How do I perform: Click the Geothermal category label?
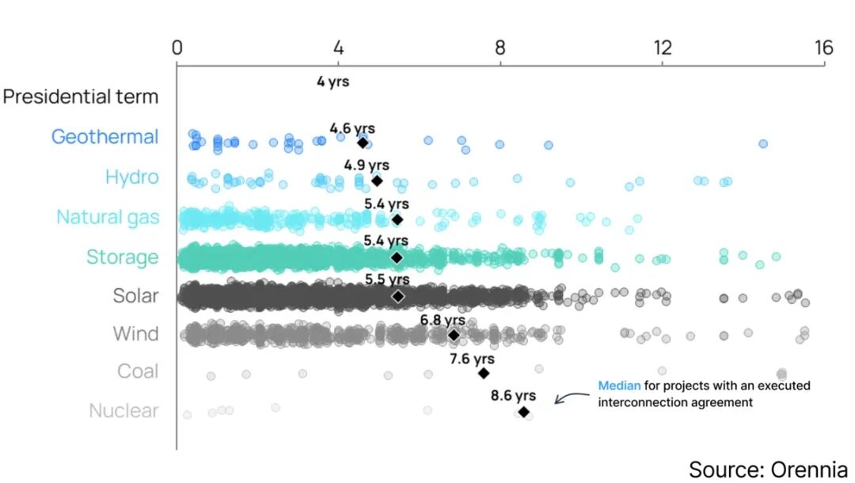click(x=104, y=137)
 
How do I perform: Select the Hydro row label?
click(x=131, y=177)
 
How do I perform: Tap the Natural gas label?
click(x=107, y=217)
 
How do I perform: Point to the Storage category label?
click(x=122, y=257)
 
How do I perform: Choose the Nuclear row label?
click(x=123, y=411)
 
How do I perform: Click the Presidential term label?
click(x=80, y=97)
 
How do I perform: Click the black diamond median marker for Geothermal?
click(x=363, y=143)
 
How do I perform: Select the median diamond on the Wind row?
click(x=454, y=335)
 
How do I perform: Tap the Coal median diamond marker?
click(x=484, y=373)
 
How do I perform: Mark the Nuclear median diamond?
click(x=523, y=412)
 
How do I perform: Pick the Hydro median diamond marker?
click(x=377, y=181)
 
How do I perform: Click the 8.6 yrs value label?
click(x=513, y=395)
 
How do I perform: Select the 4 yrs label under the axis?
click(x=332, y=81)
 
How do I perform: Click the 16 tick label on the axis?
click(x=823, y=48)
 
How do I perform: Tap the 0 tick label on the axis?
click(x=177, y=48)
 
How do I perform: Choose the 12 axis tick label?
click(x=662, y=48)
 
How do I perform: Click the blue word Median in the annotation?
click(x=618, y=386)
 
